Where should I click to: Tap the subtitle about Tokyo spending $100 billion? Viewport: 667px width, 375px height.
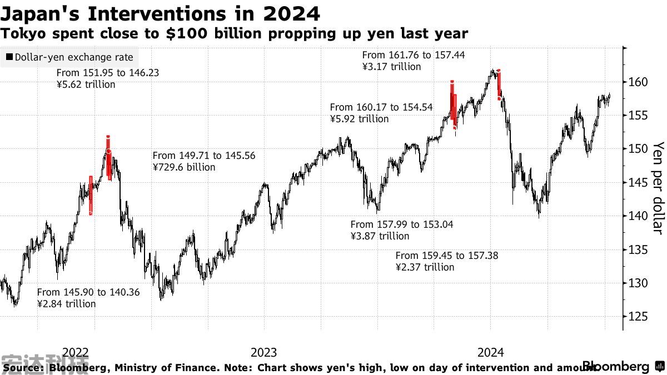point(234,34)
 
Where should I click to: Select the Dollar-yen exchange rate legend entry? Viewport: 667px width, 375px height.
point(69,57)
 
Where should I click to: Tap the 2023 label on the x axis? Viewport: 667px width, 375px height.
point(264,353)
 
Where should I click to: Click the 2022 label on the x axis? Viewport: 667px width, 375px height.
point(76,353)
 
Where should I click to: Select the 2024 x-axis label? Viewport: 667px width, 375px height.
point(491,353)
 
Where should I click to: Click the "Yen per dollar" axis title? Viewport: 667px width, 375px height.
point(658,188)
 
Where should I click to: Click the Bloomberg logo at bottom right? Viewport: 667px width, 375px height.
point(615,367)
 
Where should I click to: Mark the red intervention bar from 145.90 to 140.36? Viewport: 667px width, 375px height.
point(91,194)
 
